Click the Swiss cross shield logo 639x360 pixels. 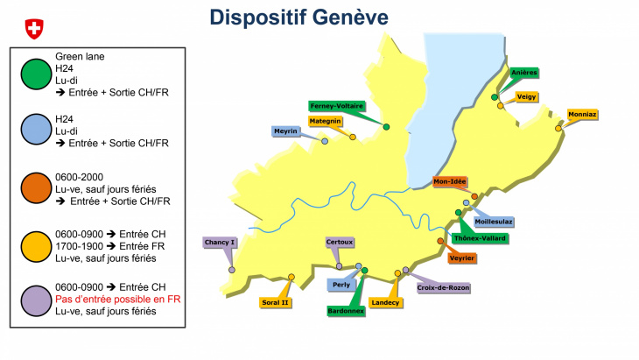tap(33, 29)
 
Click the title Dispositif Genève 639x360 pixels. tap(299, 18)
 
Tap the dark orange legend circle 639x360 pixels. tap(35, 188)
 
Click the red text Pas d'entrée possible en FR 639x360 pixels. tap(117, 299)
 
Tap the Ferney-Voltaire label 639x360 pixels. tap(337, 106)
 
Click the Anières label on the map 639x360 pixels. tap(523, 73)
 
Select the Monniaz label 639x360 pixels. tap(582, 114)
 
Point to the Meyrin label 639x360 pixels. tap(286, 131)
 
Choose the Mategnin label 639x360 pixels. tap(324, 121)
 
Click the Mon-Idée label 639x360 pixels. tap(451, 182)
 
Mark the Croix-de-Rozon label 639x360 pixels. tap(444, 287)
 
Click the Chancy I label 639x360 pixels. tap(221, 242)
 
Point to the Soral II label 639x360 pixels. tap(275, 302)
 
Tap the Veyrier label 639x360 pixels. tap(461, 258)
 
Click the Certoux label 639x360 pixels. tap(340, 242)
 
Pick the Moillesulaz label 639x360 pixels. tap(495, 222)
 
